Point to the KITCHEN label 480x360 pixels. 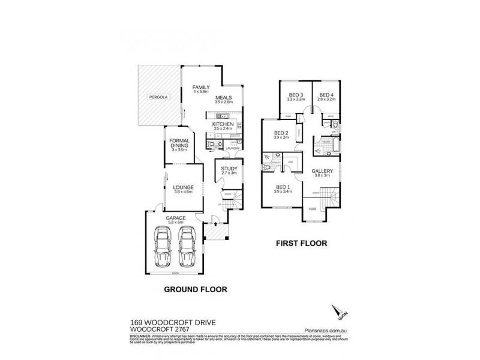coord(223,124)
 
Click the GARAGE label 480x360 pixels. coord(176,218)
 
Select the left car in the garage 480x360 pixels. coord(163,246)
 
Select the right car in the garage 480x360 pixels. coord(188,246)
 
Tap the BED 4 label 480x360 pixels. coord(326,95)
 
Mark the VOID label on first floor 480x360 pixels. coord(312,209)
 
